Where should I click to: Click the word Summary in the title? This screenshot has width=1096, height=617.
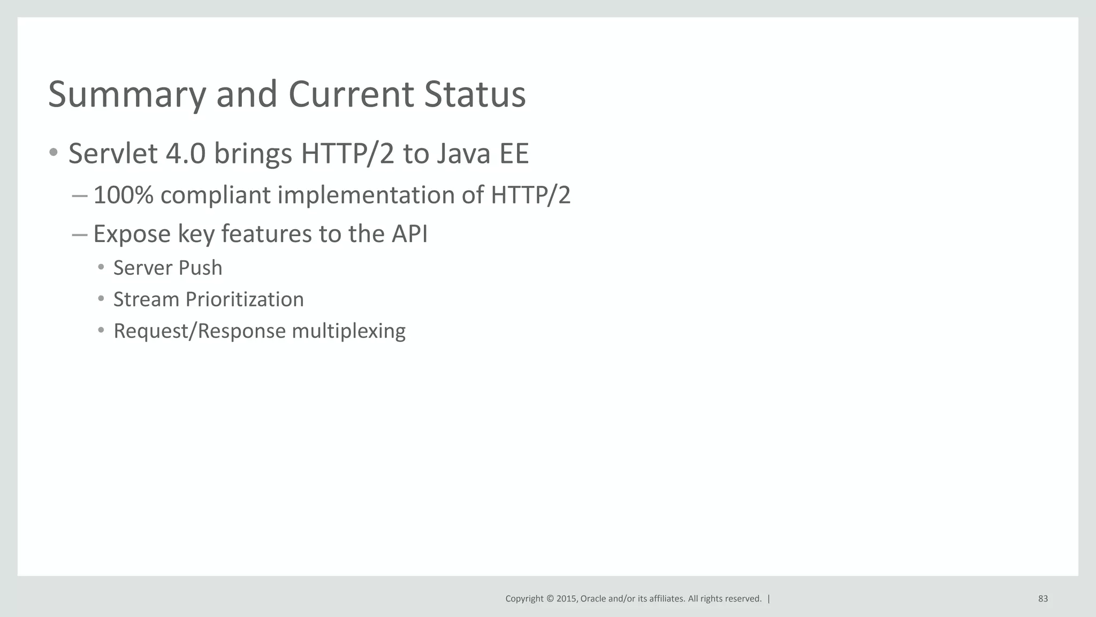pos(127,95)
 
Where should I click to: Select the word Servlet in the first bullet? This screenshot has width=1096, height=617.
pos(113,154)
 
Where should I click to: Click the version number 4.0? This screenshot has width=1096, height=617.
pos(186,154)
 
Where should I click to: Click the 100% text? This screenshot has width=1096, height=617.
pos(123,195)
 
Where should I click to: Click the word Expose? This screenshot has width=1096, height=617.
pos(132,234)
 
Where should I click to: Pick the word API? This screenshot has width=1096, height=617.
pos(409,234)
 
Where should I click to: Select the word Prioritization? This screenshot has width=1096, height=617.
pos(245,299)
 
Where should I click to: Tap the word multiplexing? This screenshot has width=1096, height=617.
pos(348,331)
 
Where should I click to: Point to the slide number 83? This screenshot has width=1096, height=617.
pos(1043,599)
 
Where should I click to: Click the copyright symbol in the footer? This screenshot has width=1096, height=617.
pos(549,599)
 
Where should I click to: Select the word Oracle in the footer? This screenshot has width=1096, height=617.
pos(593,599)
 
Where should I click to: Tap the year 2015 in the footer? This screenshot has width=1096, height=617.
pos(567,599)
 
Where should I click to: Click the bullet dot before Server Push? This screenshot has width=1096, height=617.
pos(101,267)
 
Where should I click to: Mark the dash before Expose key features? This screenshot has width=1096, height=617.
pos(79,235)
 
